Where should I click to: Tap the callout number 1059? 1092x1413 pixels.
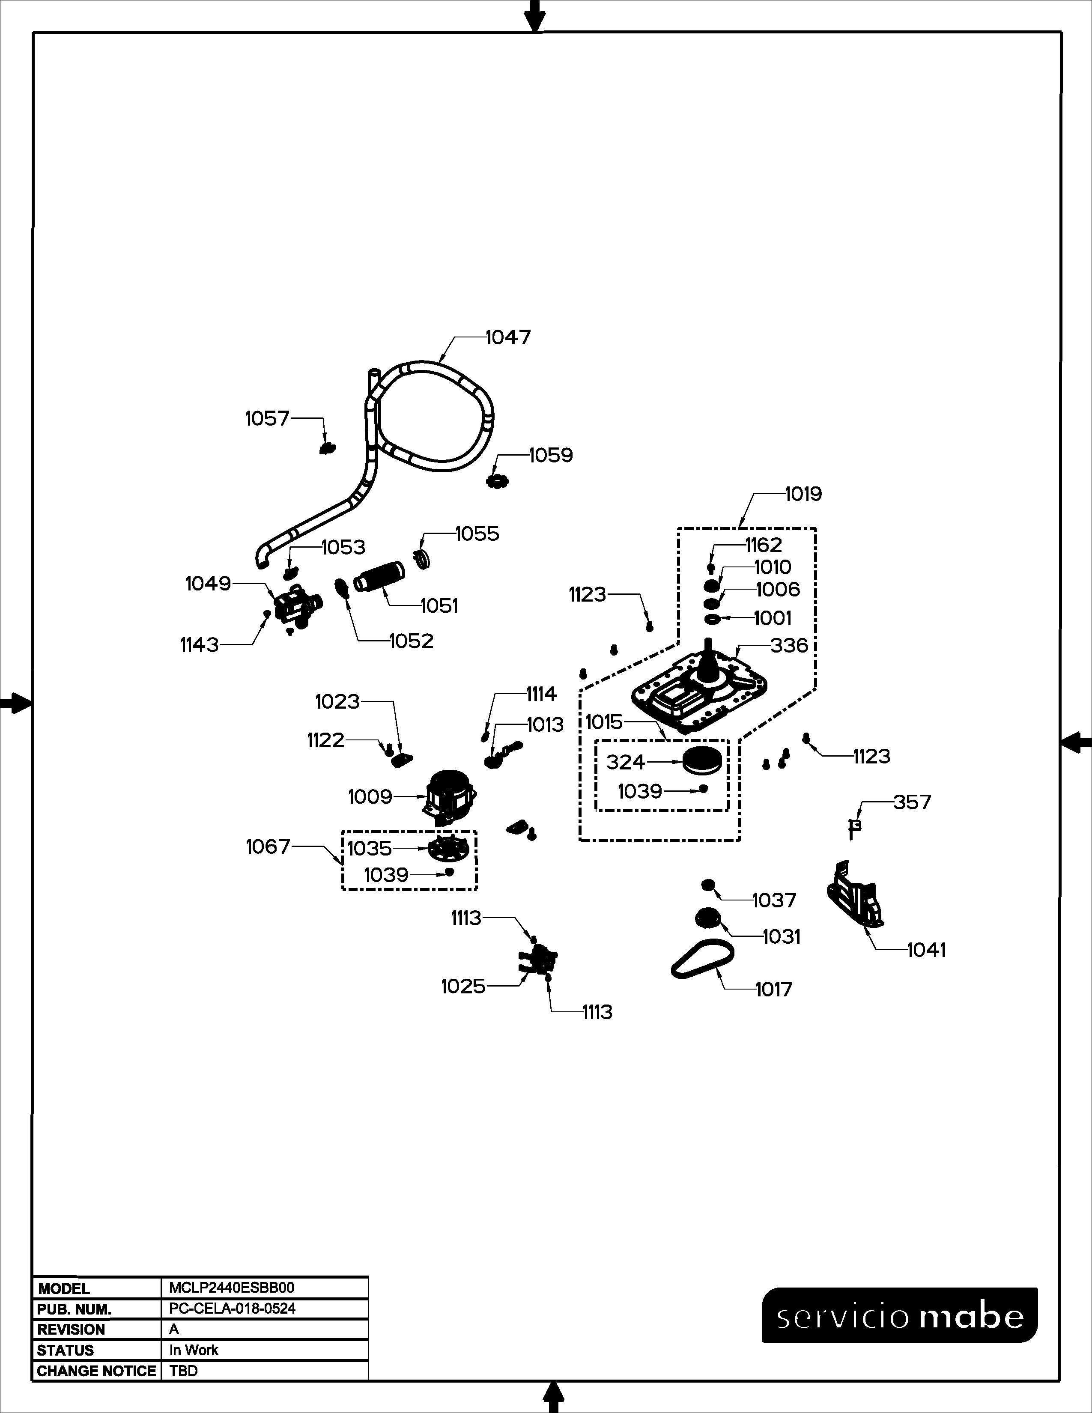coord(551,456)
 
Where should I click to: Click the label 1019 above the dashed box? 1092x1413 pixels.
coord(803,494)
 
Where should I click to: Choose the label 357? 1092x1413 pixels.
coord(912,802)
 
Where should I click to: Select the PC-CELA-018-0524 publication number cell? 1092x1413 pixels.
coord(232,1308)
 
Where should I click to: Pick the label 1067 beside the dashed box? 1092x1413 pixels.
coord(268,847)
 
